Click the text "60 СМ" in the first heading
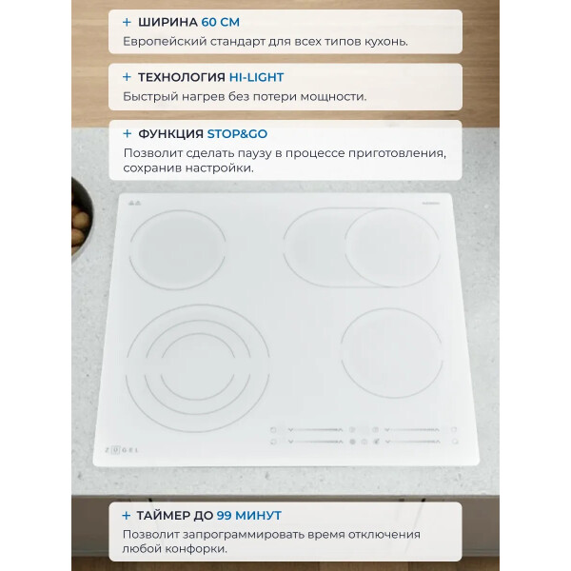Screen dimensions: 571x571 click(221, 22)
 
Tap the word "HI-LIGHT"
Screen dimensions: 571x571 click(256, 77)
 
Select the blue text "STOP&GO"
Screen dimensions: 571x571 click(237, 134)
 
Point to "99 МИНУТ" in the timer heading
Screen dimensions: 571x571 click(249, 515)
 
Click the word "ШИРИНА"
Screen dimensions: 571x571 click(167, 22)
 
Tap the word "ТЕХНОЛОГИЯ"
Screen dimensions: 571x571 click(182, 77)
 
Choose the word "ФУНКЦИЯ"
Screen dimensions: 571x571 click(170, 134)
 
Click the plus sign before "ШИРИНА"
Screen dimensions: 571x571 click(127, 23)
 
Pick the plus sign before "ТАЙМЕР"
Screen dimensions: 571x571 click(126, 516)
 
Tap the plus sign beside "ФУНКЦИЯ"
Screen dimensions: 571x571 click(127, 134)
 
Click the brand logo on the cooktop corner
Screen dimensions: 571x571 click(121, 450)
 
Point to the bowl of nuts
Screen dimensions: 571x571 click(82, 220)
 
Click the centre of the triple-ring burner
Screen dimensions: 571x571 click(198, 368)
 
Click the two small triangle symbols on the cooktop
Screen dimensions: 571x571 click(134, 203)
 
